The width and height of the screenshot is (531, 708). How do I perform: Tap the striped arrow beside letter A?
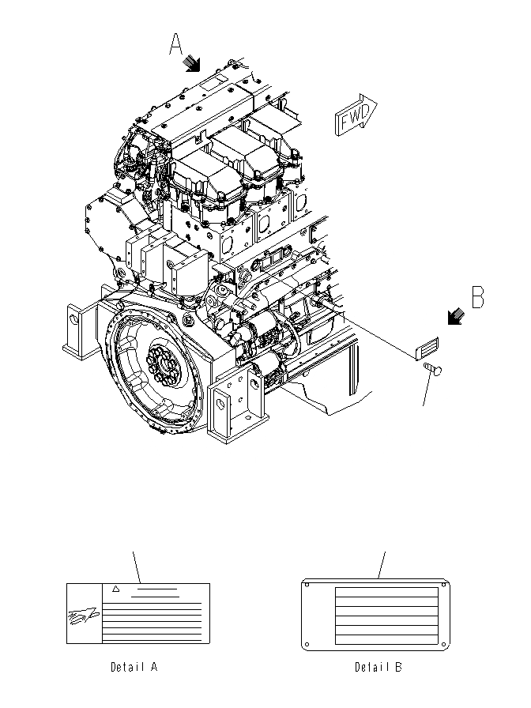193,63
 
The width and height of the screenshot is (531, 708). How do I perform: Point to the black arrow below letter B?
455,317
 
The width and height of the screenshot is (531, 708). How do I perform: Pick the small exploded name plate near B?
427,348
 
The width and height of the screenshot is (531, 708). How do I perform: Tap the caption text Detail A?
134,667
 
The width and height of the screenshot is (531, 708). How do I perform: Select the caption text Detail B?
378,667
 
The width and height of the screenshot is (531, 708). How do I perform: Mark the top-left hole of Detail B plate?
310,586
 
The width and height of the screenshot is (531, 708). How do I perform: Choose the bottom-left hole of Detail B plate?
310,643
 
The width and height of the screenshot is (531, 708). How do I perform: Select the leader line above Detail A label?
138,567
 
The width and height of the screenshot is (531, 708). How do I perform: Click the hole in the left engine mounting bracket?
75,320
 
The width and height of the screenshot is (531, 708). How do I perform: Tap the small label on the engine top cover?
212,81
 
